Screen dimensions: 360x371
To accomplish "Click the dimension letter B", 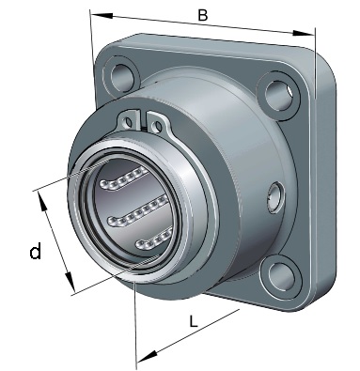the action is pos(203,15).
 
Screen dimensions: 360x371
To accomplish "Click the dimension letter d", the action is pos(36,252).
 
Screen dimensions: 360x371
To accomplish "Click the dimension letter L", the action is pos(194,321).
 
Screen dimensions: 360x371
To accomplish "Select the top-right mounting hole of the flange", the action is pos(278,95).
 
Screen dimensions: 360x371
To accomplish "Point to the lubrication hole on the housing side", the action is pos(275,198).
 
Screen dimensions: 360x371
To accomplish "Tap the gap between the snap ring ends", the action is pos(143,120).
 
